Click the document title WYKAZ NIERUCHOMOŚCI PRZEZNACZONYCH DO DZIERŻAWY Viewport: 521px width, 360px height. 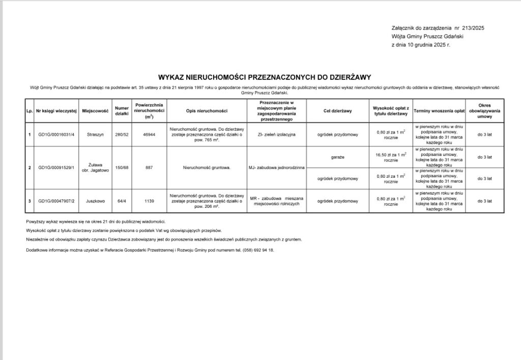click(265, 77)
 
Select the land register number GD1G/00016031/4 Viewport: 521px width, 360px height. click(56, 134)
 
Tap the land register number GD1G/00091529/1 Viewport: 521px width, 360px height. click(56, 168)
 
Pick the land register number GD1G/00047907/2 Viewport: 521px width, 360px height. click(56, 201)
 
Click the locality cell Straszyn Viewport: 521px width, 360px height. click(96, 134)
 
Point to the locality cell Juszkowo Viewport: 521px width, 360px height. click(96, 201)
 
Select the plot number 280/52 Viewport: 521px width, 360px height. click(122, 134)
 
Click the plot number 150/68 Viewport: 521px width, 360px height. click(122, 168)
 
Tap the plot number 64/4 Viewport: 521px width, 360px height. click(122, 201)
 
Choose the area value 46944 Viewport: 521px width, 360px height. click(149, 134)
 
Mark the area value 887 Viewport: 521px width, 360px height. click(149, 168)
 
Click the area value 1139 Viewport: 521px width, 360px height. click(149, 201)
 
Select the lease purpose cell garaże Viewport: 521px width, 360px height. click(338, 157)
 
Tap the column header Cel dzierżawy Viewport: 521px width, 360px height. click(338, 110)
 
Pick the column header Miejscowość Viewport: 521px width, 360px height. click(96, 110)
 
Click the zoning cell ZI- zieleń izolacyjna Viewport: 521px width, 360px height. click(277, 134)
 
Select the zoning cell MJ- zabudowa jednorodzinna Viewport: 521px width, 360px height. click(277, 168)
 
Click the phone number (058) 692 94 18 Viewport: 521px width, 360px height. click(258, 251)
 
